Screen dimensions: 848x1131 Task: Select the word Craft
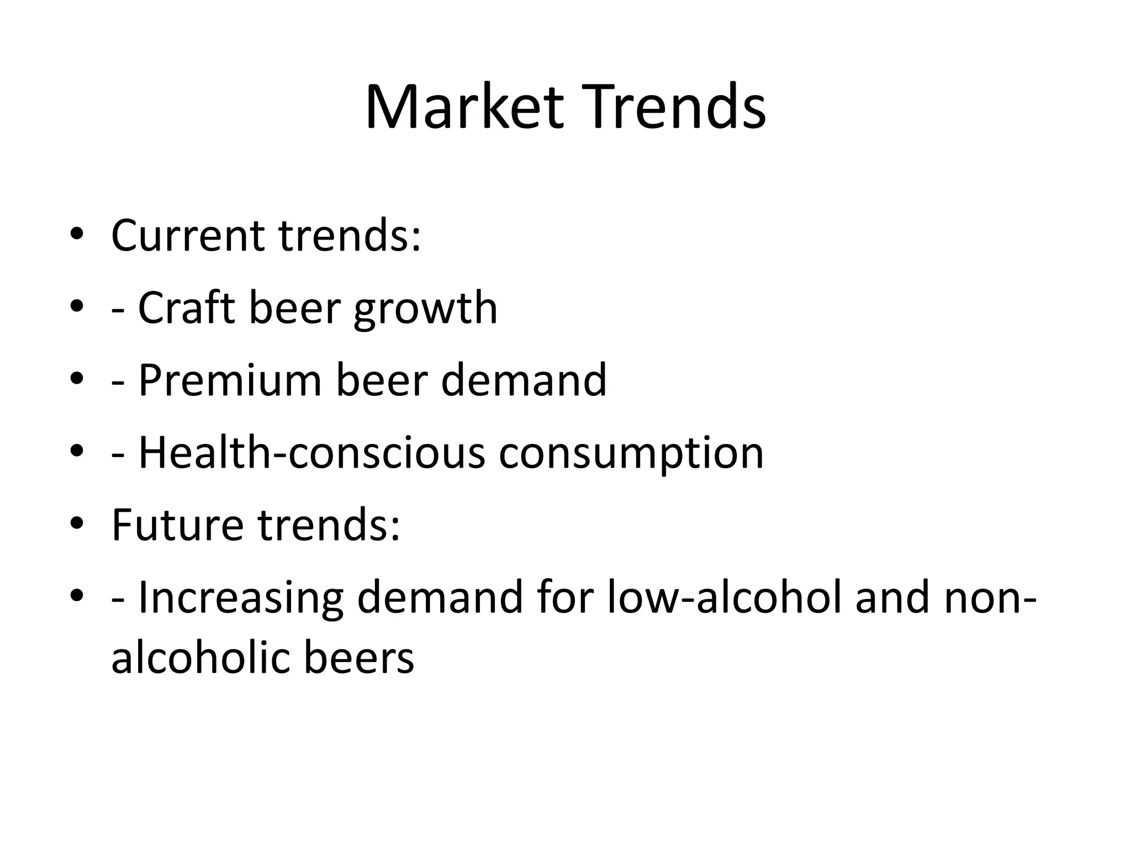(186, 308)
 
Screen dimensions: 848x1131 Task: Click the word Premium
(230, 380)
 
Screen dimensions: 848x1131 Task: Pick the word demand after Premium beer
(524, 380)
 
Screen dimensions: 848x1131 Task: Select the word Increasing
(240, 598)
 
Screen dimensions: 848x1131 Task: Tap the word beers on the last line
(358, 658)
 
